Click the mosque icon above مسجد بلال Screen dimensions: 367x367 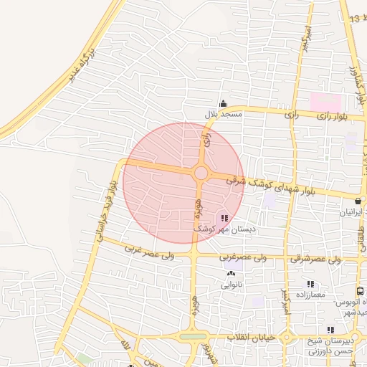[x=223, y=104]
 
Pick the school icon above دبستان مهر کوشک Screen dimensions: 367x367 [x=224, y=218]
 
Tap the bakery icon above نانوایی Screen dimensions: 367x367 [x=231, y=273]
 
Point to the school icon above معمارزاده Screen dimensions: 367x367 [x=310, y=284]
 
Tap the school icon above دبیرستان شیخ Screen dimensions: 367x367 [x=330, y=330]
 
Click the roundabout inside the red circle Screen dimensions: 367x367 [x=201, y=173]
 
